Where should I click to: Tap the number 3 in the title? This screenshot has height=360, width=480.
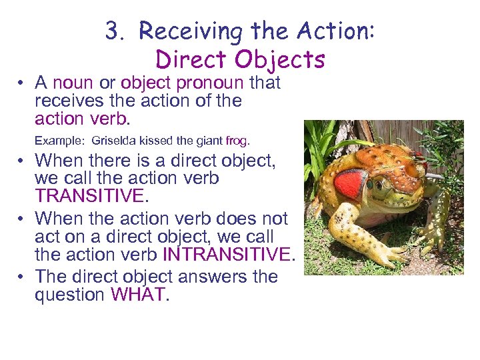point(111,31)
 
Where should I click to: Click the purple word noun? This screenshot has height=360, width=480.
point(73,83)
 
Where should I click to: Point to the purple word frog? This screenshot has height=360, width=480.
point(236,141)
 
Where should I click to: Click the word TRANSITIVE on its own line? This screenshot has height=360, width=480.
point(89,196)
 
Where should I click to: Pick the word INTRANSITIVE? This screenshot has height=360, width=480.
point(227,254)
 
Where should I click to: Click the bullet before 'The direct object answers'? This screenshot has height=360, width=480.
point(22,276)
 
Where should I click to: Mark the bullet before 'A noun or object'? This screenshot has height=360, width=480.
point(22,83)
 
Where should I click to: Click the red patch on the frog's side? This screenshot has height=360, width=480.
point(349,183)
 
